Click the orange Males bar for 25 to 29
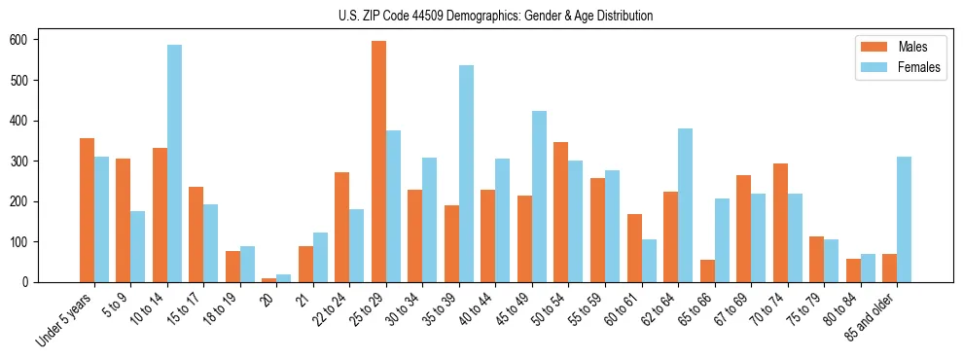coord(378,162)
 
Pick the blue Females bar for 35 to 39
coord(466,174)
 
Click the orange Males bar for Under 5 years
coord(87,210)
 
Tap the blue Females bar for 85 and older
coord(905,219)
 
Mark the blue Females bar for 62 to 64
coord(686,205)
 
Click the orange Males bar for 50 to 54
coord(561,212)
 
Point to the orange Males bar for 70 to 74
coord(780,223)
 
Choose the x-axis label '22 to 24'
coord(331,309)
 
